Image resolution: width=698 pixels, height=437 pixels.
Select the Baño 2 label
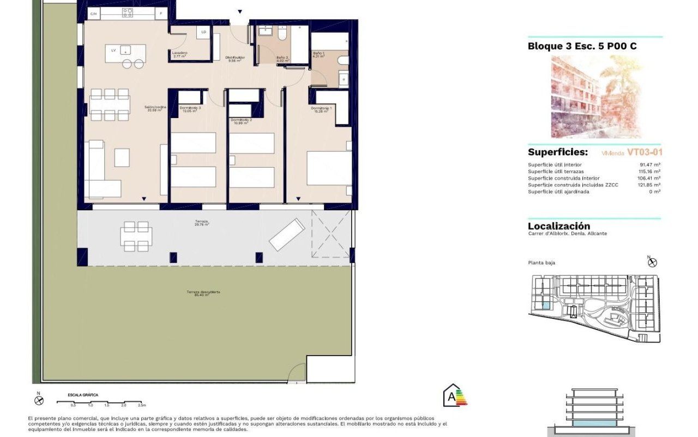(x=282, y=58)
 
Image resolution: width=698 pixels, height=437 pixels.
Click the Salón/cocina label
(x=155, y=108)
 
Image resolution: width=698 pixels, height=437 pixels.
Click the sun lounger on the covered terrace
(x=287, y=234)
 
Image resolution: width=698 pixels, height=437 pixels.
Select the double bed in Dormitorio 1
(x=329, y=168)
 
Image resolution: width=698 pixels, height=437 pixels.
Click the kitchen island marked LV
(x=126, y=53)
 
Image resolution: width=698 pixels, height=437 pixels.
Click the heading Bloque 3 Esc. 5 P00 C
(x=582, y=46)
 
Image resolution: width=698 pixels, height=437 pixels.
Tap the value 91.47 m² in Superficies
(x=650, y=164)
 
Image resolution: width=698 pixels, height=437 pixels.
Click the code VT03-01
(x=645, y=153)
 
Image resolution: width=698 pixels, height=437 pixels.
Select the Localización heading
(x=559, y=226)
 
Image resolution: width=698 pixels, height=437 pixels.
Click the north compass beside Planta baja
(x=652, y=262)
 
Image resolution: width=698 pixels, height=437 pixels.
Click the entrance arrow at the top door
(x=239, y=12)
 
